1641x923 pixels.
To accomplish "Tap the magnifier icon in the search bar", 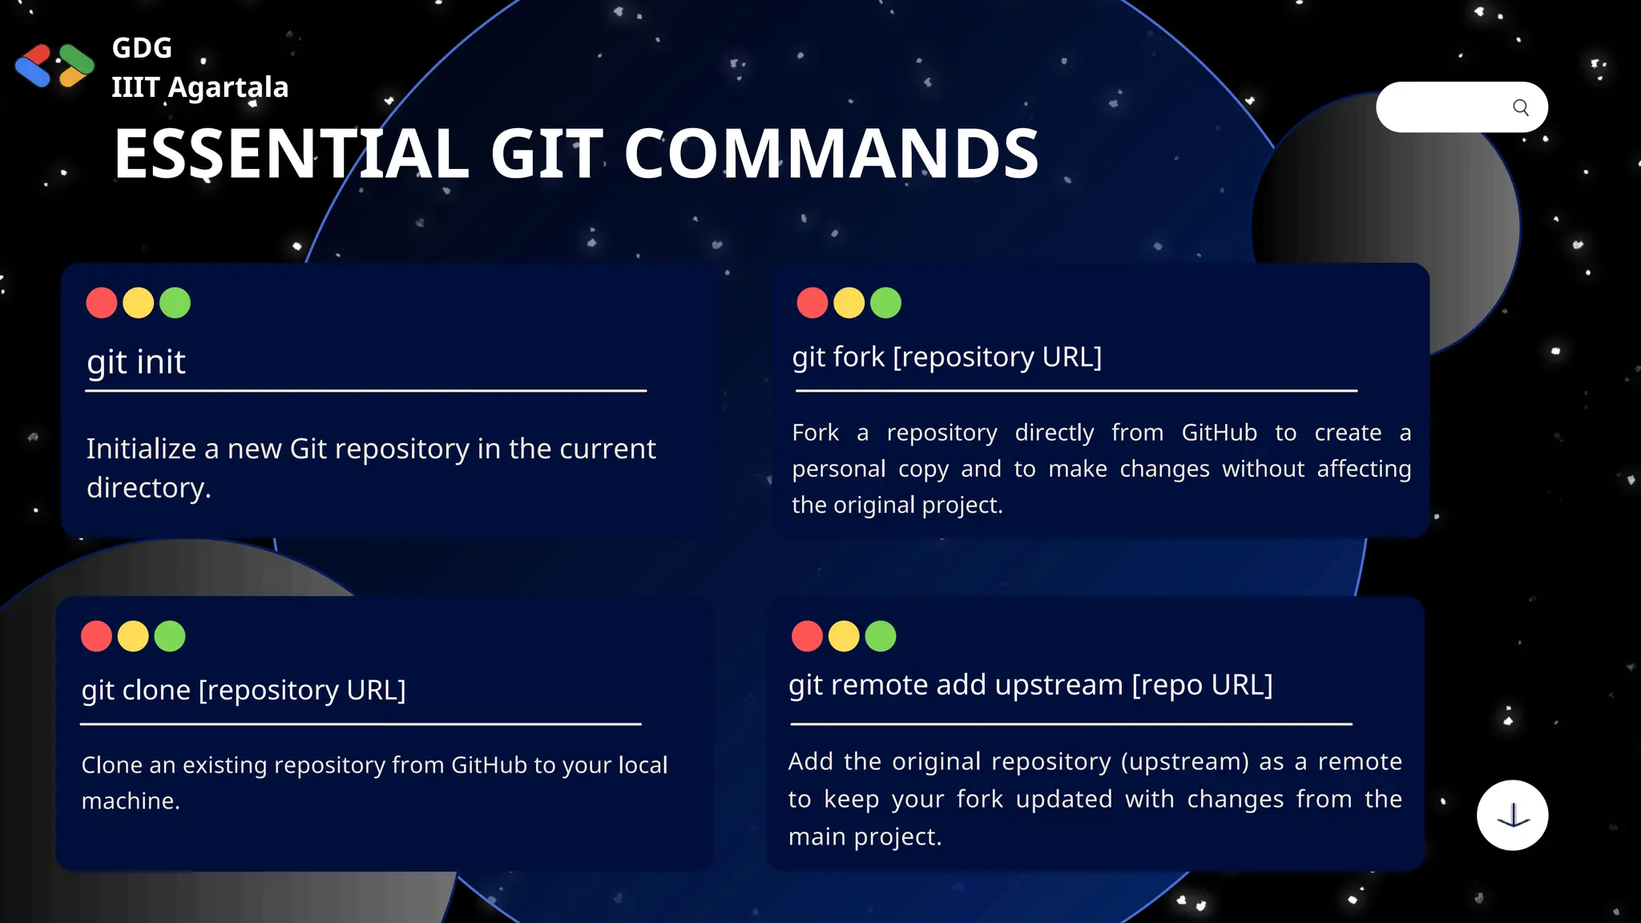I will [x=1520, y=107].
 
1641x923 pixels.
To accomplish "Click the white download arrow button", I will [x=1512, y=815].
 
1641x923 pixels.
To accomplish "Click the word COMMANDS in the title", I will [x=831, y=154].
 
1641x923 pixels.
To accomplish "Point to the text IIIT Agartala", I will [x=200, y=87].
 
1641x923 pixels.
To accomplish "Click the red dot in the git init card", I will [x=102, y=303].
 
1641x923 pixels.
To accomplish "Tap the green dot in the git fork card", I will [x=885, y=303].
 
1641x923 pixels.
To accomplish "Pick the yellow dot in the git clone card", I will [x=133, y=636].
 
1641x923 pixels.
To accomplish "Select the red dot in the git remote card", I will [x=807, y=636].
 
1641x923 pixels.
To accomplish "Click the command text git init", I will [x=136, y=362].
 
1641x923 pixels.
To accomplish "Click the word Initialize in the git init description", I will [x=140, y=449].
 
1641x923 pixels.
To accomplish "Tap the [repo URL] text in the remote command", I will [x=1202, y=685].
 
